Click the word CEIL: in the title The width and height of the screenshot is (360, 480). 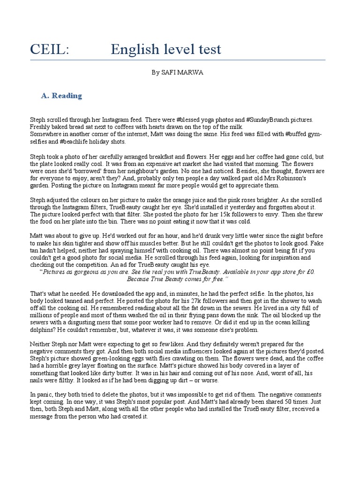pyautogui.click(x=49, y=49)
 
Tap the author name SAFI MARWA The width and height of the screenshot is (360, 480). pyautogui.click(x=187, y=73)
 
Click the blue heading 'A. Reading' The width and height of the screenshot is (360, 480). pyautogui.click(x=61, y=96)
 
